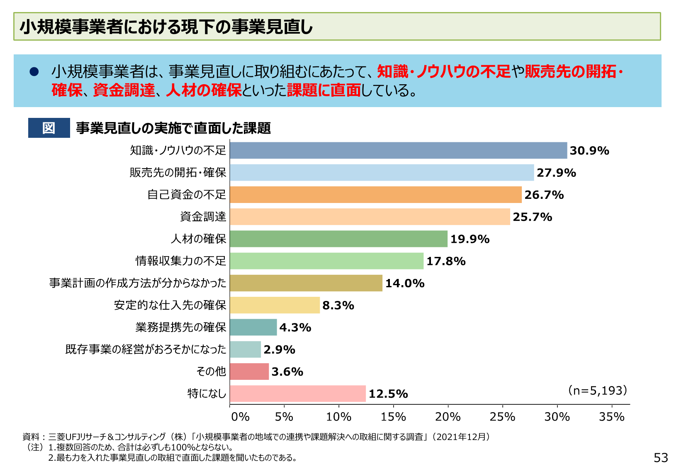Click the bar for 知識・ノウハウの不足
[x=398, y=150]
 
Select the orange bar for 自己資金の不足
[x=375, y=195]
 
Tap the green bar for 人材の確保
[x=338, y=239]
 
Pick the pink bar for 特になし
[x=298, y=394]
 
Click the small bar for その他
[x=249, y=372]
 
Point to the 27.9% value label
[x=556, y=173]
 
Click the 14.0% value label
[x=405, y=284]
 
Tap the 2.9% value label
[x=279, y=350]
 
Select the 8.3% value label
[x=338, y=306]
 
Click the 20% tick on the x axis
[x=448, y=416]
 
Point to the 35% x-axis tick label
[x=611, y=416]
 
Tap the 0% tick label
[x=240, y=416]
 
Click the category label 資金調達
[x=203, y=217]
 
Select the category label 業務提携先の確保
[x=181, y=328]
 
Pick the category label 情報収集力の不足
[x=181, y=261]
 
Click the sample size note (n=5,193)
[x=597, y=391]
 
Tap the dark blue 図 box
[x=49, y=128]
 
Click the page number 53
[x=660, y=457]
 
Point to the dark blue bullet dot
[x=34, y=72]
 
